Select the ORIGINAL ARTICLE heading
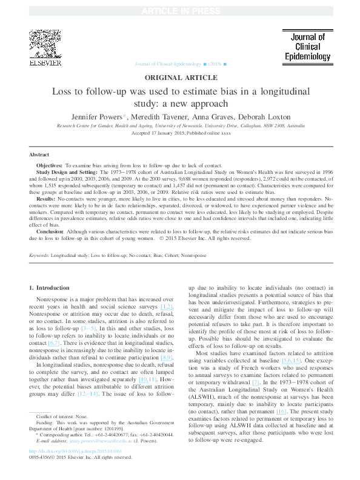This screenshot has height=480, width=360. coord(180,78)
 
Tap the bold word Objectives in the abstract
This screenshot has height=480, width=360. coord(49,165)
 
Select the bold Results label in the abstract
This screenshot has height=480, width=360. coord(47,199)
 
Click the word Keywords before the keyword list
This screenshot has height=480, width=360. coord(39,256)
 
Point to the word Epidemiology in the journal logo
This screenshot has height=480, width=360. coord(307,57)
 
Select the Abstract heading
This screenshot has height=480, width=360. coord(39,155)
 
